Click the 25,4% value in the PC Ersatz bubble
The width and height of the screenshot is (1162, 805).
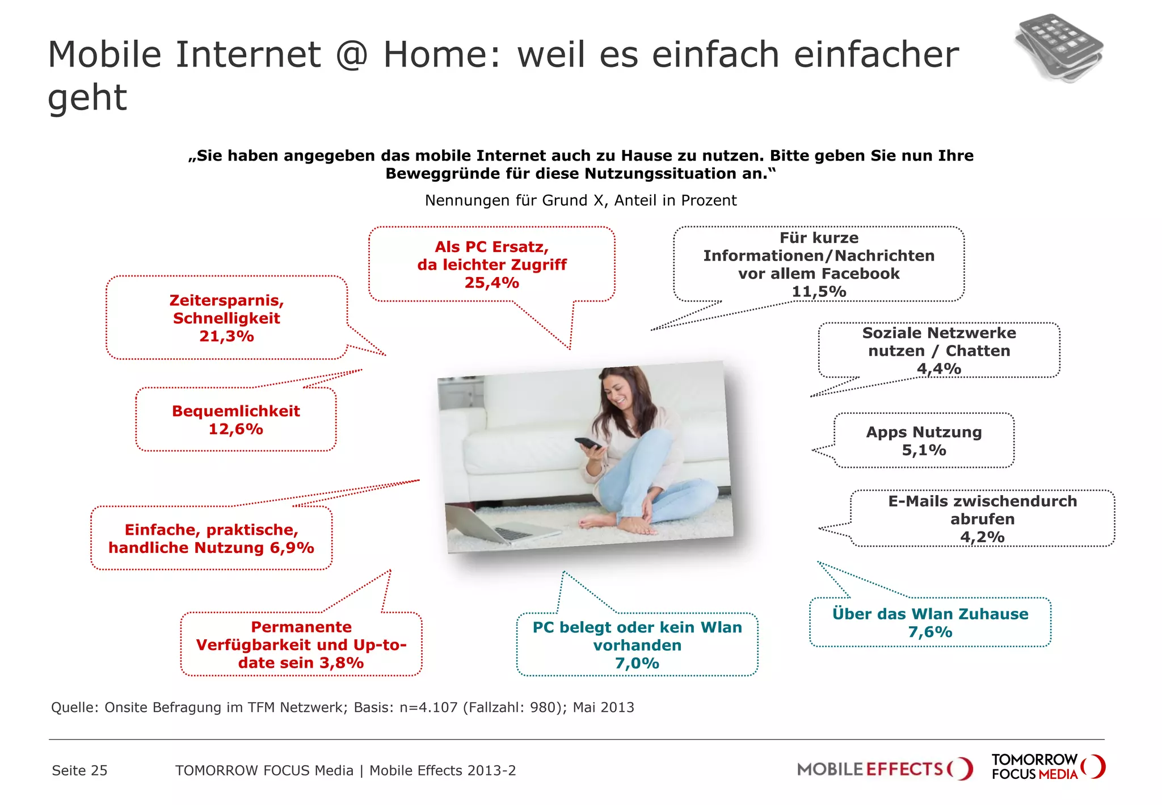pyautogui.click(x=491, y=283)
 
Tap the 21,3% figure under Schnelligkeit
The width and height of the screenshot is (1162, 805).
pyautogui.click(x=226, y=337)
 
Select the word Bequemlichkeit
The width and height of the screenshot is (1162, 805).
pyautogui.click(x=235, y=411)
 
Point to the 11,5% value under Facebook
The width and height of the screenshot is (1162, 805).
pyautogui.click(x=818, y=292)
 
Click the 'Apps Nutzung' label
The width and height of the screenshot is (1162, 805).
pyautogui.click(x=923, y=432)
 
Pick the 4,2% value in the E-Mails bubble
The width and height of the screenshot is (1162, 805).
pyautogui.click(x=982, y=537)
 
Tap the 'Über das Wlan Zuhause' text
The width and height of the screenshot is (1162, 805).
pyautogui.click(x=929, y=614)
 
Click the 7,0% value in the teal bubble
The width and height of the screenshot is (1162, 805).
pyautogui.click(x=637, y=663)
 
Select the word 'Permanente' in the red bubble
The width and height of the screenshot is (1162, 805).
pyautogui.click(x=301, y=627)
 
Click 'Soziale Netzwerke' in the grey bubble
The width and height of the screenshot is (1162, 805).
pyautogui.click(x=938, y=333)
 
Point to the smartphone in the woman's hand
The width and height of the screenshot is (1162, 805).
pyautogui.click(x=588, y=443)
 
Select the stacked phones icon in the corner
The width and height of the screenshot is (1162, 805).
pyautogui.click(x=1059, y=48)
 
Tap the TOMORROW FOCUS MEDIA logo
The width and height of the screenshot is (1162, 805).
pyautogui.click(x=1047, y=767)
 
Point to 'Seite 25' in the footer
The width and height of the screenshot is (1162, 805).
pyautogui.click(x=79, y=770)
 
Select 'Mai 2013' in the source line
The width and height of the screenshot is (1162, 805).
pyautogui.click(x=603, y=707)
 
